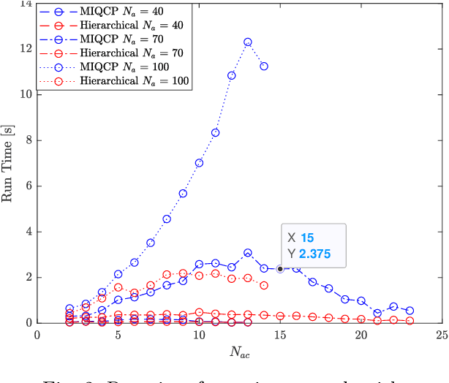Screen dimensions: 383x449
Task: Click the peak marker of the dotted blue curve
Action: pyautogui.click(x=248, y=42)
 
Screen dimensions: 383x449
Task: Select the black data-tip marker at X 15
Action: pyautogui.click(x=280, y=269)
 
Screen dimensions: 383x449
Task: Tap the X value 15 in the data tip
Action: pyautogui.click(x=308, y=238)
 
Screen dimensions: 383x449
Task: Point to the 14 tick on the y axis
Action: pyautogui.click(x=27, y=4)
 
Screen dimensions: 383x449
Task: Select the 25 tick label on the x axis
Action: pyautogui.click(x=440, y=334)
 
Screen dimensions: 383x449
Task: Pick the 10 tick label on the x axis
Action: pyautogui.click(x=198, y=334)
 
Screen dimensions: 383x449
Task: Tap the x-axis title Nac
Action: pyautogui.click(x=238, y=352)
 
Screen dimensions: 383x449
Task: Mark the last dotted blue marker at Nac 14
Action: pyautogui.click(x=264, y=66)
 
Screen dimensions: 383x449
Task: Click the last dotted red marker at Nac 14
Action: pyautogui.click(x=264, y=285)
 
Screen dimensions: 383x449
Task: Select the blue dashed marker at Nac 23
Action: pyautogui.click(x=410, y=311)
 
